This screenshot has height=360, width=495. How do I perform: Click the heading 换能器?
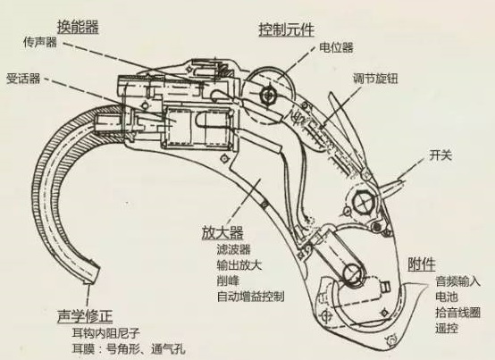pyautogui.click(x=78, y=27)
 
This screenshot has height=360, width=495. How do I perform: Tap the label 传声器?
pyautogui.click(x=40, y=42)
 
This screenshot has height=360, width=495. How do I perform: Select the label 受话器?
pyautogui.click(x=23, y=79)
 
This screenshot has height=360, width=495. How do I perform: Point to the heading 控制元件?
pyautogui.click(x=286, y=30)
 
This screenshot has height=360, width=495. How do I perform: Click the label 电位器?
pyautogui.click(x=336, y=47)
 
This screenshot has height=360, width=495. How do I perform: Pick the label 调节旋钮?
pyautogui.click(x=375, y=79)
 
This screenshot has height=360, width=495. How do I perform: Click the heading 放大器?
pyautogui.click(x=222, y=233)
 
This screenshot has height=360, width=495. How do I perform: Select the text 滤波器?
pyautogui.click(x=233, y=249)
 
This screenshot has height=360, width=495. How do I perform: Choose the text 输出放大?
pyautogui.click(x=239, y=265)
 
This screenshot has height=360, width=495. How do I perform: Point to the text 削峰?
pyautogui.click(x=228, y=280)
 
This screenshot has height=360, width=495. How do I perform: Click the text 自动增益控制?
pyautogui.click(x=251, y=297)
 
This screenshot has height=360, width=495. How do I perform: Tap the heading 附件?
pyautogui.click(x=422, y=264)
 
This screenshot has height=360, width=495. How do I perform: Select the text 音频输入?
pyautogui.click(x=457, y=281)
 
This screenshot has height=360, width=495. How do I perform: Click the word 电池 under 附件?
pyautogui.click(x=447, y=297)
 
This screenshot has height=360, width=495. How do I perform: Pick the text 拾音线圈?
pyautogui.click(x=457, y=313)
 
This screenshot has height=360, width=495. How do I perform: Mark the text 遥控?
pyautogui.click(x=447, y=329)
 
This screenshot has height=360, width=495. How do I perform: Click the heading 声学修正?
pyautogui.click(x=85, y=316)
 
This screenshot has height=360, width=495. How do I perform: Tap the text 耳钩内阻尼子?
pyautogui.click(x=106, y=333)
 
